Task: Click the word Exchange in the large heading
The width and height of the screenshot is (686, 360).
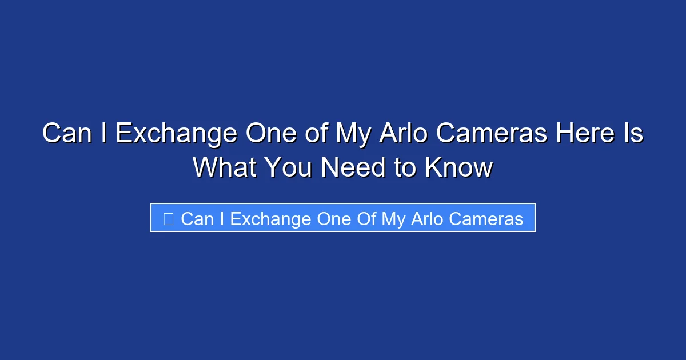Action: pyautogui.click(x=176, y=134)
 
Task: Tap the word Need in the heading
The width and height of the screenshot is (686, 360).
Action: pyautogui.click(x=352, y=167)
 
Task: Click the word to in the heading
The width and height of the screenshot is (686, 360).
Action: pyautogui.click(x=404, y=167)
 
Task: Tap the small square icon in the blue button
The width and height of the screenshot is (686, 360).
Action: pyautogui.click(x=168, y=218)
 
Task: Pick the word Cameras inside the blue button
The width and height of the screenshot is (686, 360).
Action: pyautogui.click(x=486, y=219)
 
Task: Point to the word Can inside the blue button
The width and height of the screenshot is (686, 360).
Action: pyautogui.click(x=197, y=219)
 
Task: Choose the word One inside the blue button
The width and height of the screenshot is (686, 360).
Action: pyautogui.click(x=333, y=219)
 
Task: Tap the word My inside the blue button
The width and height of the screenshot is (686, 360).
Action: pyautogui.click(x=393, y=219)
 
